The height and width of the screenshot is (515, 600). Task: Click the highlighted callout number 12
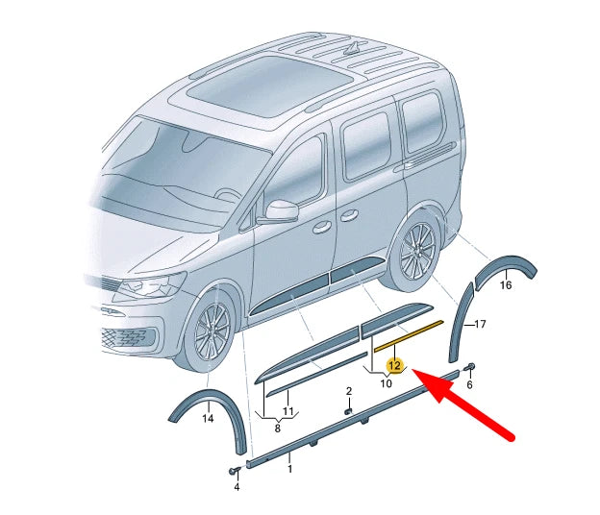394,364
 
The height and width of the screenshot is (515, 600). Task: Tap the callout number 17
482,324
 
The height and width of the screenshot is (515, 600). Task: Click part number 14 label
208,419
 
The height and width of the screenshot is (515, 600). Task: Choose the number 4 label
236,486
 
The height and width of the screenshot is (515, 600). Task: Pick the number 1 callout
289,470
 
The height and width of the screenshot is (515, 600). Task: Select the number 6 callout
470,384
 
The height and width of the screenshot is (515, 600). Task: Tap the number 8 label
278,429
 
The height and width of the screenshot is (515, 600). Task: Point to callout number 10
386,383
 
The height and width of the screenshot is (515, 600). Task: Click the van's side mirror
282,210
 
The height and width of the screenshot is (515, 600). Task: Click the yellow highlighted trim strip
410,332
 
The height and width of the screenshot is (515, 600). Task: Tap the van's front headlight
154,285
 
